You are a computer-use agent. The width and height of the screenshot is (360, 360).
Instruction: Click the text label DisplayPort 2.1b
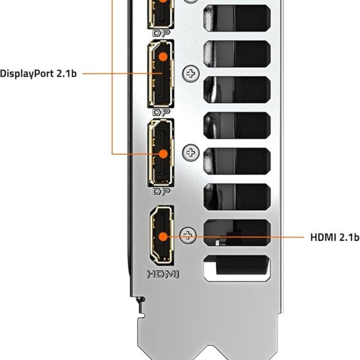point(38,73)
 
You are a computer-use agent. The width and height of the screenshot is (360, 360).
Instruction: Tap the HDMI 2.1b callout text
point(335,237)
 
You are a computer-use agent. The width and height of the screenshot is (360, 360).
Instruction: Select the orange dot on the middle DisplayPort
point(163,56)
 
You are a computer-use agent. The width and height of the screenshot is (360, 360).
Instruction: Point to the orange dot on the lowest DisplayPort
point(163,153)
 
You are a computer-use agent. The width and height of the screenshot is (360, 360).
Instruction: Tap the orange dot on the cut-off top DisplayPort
point(162,1)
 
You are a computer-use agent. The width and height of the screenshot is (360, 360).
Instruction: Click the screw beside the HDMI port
point(188,234)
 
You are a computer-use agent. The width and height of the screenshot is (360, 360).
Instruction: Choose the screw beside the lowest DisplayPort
point(191,153)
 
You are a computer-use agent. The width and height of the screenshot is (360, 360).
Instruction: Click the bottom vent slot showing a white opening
point(237,266)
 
